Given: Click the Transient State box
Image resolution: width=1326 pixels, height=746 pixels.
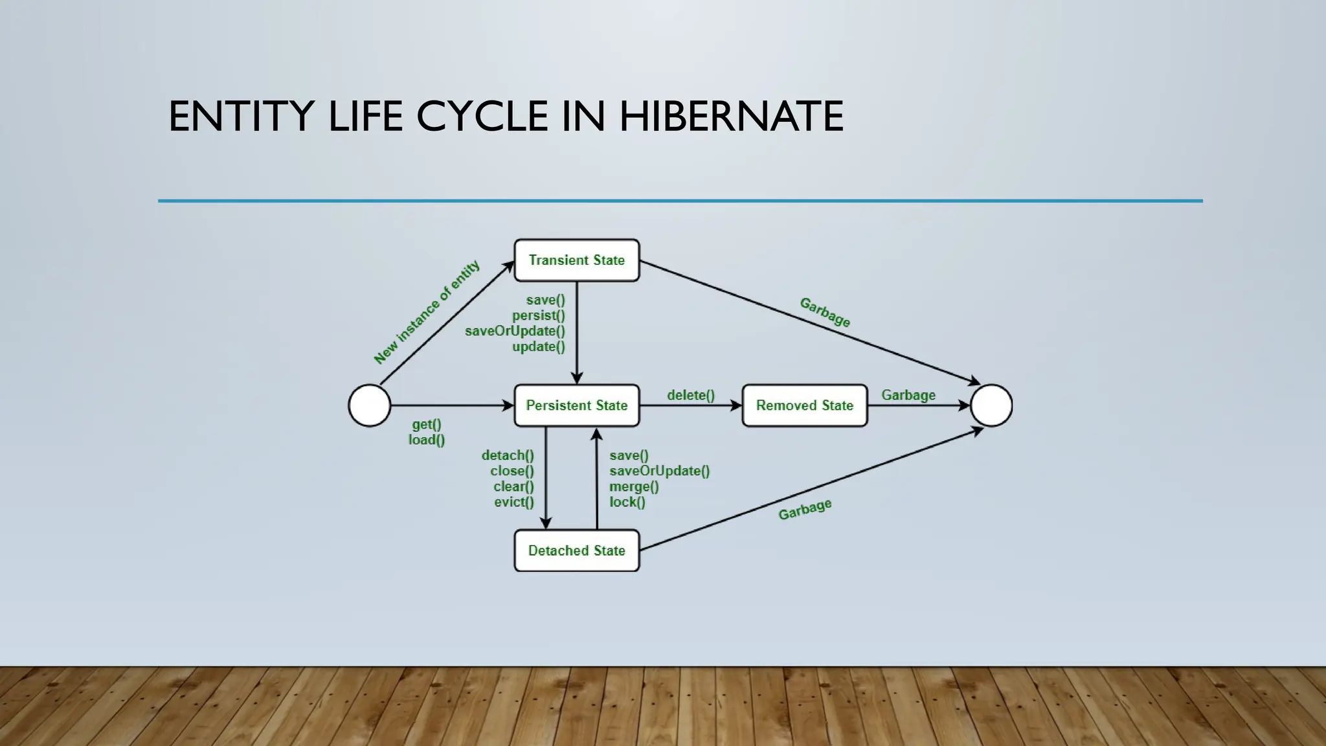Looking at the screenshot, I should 576,260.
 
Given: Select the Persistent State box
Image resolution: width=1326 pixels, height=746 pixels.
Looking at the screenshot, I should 576,405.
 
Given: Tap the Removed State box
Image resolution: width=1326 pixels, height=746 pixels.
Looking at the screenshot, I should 804,405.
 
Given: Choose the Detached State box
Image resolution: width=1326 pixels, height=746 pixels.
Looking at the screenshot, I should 576,550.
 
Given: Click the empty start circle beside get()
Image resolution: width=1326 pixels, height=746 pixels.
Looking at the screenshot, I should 370,405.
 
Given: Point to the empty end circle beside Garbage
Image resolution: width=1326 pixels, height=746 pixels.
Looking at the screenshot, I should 991,405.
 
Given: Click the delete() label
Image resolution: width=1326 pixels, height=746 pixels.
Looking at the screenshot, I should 691,395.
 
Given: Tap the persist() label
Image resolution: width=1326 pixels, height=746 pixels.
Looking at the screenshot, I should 539,315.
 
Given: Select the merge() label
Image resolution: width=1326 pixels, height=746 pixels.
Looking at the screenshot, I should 634,486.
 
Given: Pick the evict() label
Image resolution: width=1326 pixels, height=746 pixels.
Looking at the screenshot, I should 514,502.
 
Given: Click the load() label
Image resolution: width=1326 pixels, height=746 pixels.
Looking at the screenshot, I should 427,440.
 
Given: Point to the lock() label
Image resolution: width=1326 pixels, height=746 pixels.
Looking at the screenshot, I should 627,502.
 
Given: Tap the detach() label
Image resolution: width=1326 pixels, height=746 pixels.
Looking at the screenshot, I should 508,455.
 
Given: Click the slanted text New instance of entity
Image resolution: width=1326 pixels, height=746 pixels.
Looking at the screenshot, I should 427,312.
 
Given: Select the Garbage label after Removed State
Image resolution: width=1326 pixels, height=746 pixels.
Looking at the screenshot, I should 908,395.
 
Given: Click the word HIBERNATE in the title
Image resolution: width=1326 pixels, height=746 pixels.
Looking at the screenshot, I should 731,117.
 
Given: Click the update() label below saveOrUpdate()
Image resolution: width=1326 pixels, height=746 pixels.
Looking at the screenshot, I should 539,346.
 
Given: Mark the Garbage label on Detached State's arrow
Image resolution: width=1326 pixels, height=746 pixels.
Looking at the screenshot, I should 805,510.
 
